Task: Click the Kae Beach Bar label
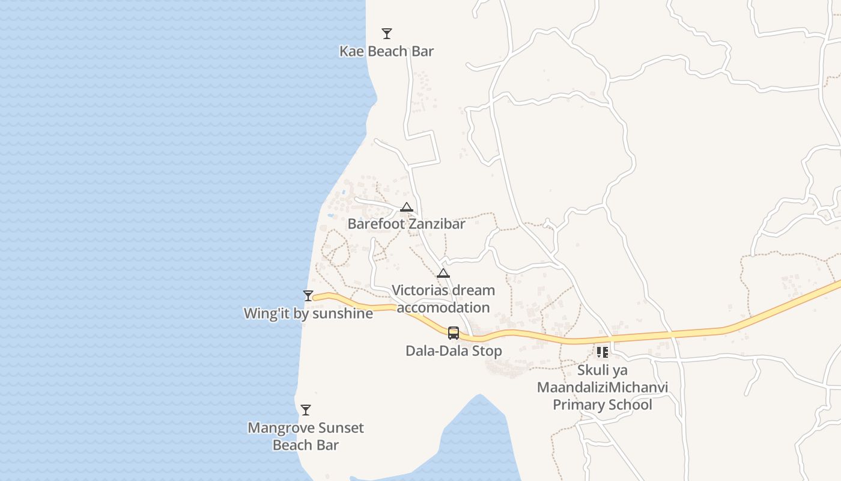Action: tap(386, 51)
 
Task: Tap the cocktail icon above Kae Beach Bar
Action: tap(387, 34)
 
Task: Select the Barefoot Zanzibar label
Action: tap(406, 224)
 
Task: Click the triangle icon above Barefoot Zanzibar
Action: tap(407, 208)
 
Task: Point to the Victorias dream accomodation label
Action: tap(443, 299)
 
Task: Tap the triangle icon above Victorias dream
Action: tap(443, 274)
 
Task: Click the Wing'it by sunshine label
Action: tap(308, 313)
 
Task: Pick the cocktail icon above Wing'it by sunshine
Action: tap(308, 295)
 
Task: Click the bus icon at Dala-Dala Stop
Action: tap(454, 333)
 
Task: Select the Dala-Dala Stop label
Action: tap(454, 351)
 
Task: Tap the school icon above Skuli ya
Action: tap(603, 352)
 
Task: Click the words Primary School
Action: tap(602, 405)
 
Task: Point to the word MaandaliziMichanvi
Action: tap(602, 387)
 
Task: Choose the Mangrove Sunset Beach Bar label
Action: tap(306, 437)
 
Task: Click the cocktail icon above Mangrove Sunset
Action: tap(306, 410)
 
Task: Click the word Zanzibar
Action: tap(436, 224)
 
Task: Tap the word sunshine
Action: tap(344, 313)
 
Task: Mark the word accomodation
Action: tap(443, 308)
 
